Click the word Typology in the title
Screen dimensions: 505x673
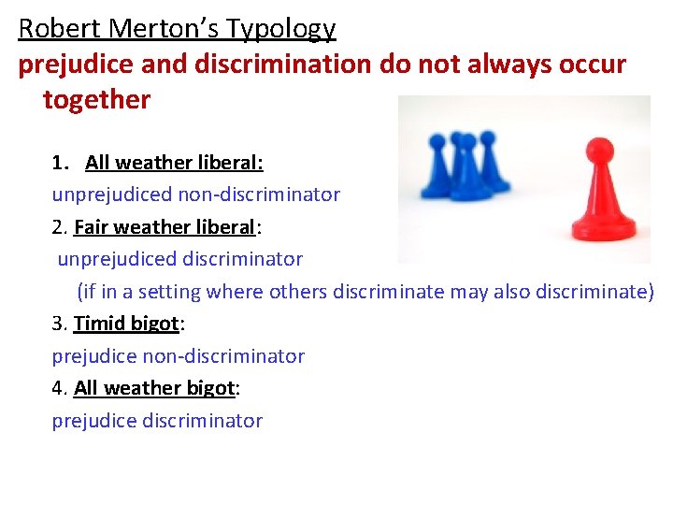pos(288,30)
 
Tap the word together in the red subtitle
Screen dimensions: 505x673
pos(96,100)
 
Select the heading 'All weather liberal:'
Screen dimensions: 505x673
pos(174,163)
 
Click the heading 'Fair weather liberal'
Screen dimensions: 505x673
pos(164,227)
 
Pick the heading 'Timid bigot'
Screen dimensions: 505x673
pos(126,324)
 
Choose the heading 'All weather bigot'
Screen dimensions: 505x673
pos(154,388)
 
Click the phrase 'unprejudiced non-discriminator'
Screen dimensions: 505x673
pos(196,195)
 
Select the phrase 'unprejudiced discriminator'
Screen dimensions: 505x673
pos(180,259)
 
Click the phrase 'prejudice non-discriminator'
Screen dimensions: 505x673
pos(179,356)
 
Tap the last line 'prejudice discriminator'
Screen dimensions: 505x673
pos(157,421)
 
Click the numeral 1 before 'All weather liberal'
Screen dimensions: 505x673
pos(60,163)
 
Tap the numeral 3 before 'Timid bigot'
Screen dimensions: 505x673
pos(58,324)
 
